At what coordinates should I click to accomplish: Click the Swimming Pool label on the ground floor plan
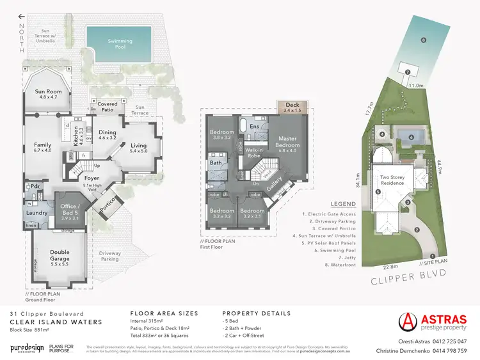[x=119, y=44]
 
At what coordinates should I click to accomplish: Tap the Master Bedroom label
[x=287, y=144]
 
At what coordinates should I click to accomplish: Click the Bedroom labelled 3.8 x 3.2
[x=222, y=136]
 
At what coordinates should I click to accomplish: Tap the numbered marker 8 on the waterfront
[x=423, y=40]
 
